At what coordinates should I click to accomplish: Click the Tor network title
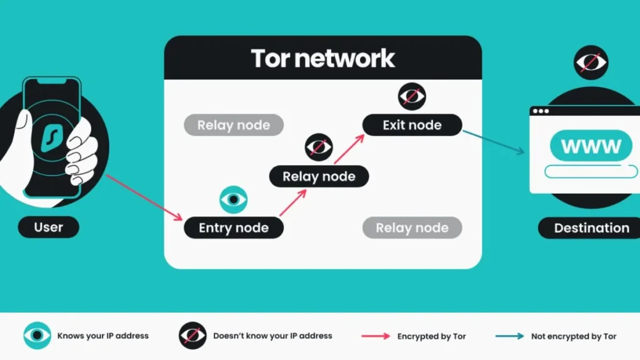point(322,58)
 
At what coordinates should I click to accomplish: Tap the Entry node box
point(234,228)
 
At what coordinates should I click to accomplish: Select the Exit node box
point(412,125)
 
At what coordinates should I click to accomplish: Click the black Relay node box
point(319,176)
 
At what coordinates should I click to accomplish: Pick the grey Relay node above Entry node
point(234,125)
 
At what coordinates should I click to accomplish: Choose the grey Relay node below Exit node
point(412,228)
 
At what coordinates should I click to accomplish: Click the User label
point(49,227)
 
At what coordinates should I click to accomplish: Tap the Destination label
point(591,228)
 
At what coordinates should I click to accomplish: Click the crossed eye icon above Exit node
point(412,96)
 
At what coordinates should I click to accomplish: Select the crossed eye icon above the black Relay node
point(319,148)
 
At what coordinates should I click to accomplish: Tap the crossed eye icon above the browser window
point(591,63)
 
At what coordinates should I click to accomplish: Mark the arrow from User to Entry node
point(143,197)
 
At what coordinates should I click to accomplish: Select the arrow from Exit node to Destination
point(493,141)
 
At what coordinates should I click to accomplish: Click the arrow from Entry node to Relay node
point(293,202)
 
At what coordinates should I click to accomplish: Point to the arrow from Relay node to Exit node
point(349,148)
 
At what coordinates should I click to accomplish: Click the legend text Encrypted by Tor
point(431,336)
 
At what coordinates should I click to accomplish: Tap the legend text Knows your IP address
point(103,336)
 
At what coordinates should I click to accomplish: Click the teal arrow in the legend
point(509,336)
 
